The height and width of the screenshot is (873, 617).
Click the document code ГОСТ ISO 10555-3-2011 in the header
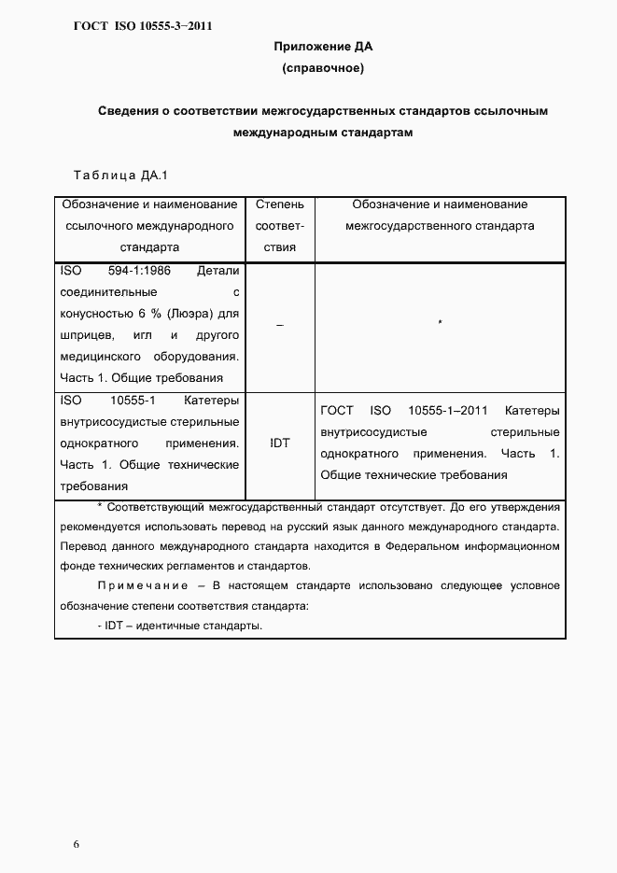pyautogui.click(x=143, y=25)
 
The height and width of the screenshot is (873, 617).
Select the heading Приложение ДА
pyautogui.click(x=322, y=47)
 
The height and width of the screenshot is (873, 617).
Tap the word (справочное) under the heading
pyautogui.click(x=322, y=68)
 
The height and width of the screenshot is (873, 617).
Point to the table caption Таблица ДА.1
pyautogui.click(x=119, y=175)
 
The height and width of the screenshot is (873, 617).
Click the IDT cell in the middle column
pyautogui.click(x=279, y=444)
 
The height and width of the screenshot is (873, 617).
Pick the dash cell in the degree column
pyautogui.click(x=279, y=324)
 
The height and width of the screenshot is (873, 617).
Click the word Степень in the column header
pyautogui.click(x=279, y=204)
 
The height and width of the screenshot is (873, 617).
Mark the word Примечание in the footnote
pyautogui.click(x=142, y=586)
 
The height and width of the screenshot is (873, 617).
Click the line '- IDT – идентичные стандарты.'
pyautogui.click(x=179, y=626)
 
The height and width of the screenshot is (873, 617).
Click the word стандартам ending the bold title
pyautogui.click(x=372, y=134)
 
